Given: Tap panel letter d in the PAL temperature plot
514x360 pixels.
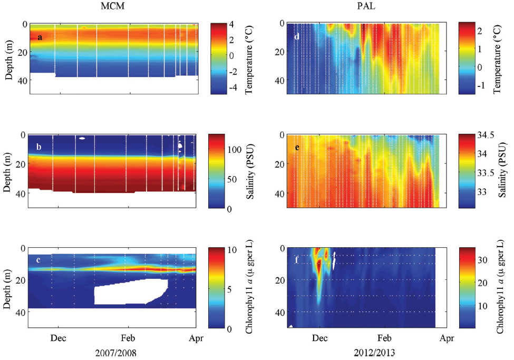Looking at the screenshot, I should click(297, 37).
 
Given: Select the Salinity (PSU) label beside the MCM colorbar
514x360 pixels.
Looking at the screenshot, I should click(254, 171).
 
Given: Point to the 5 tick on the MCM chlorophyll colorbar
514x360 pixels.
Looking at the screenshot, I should click(232, 288).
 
